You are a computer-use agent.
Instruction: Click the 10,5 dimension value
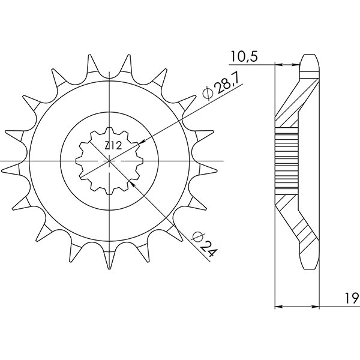(x=243, y=56)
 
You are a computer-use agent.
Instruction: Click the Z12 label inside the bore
(x=112, y=146)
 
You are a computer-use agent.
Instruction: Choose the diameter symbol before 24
(x=196, y=236)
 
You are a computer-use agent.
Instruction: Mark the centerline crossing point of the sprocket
(x=110, y=161)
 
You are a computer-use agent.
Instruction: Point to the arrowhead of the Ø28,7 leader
(x=142, y=142)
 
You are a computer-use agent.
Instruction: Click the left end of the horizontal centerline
(x=2, y=161)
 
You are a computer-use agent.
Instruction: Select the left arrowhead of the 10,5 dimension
(x=277, y=63)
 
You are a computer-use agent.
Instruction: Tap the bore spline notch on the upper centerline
(x=110, y=133)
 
